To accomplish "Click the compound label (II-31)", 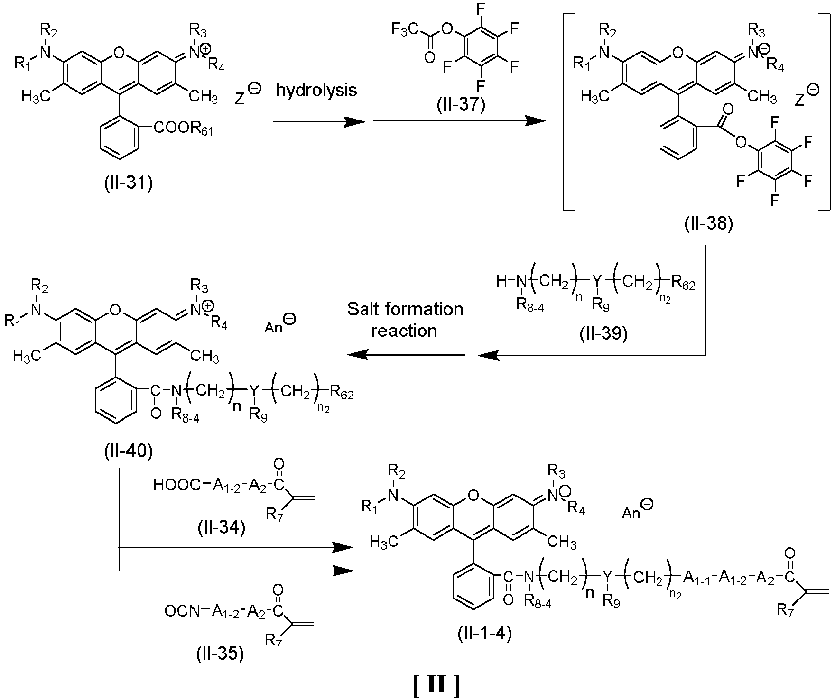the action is pos(129,182).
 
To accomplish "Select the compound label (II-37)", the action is pos(461,104).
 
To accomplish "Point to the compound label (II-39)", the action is pos(603,334).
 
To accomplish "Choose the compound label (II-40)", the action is pos(129,451).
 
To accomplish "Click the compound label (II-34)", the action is pos(221,527).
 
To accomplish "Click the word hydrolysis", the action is pos(316,90).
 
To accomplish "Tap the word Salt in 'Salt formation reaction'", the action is pos(362,309).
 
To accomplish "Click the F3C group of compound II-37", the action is pos(403,30).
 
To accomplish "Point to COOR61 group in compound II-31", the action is pos(183,129).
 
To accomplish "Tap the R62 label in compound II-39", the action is pos(682,284).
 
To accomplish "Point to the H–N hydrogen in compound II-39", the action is pos(502,282).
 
